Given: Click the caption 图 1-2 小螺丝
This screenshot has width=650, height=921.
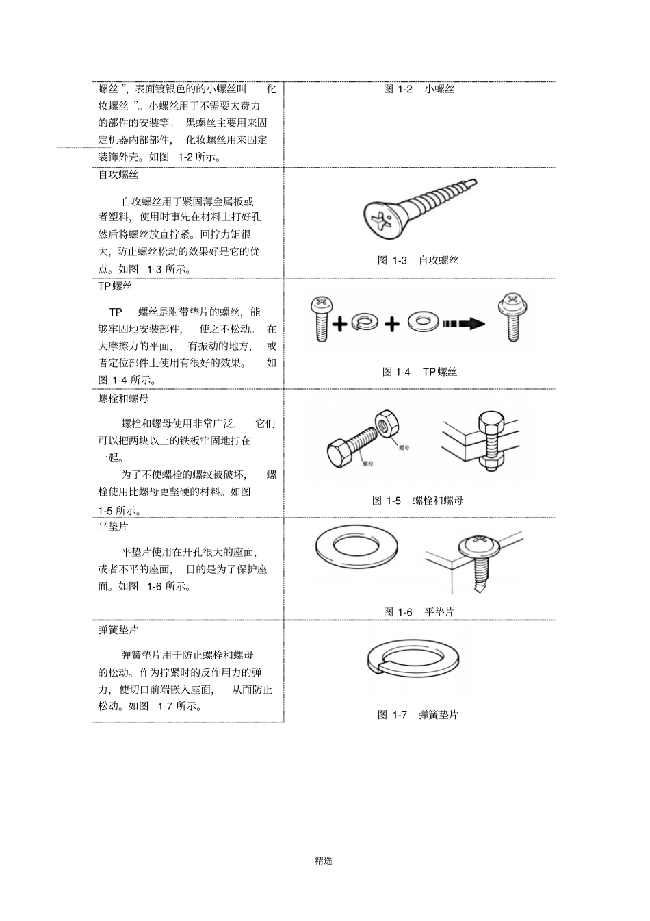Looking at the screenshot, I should [419, 89].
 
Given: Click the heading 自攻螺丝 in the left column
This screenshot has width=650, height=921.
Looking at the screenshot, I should [118, 175].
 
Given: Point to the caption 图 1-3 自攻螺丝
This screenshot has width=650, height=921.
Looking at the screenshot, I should [417, 260].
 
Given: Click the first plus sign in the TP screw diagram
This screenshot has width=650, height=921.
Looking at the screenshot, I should [339, 323].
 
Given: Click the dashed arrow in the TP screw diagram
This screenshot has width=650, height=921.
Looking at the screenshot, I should [463, 323].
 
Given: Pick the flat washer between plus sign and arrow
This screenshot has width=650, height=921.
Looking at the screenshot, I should [424, 322].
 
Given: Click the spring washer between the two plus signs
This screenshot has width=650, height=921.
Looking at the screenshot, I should [365, 322].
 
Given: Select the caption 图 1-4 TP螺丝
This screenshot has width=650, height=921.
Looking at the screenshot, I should [419, 372].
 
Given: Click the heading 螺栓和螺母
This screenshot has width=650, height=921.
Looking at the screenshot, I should [123, 398].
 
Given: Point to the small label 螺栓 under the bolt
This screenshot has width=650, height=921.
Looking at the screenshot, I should [367, 464].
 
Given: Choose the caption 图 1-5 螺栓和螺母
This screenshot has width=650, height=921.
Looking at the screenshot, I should [417, 501].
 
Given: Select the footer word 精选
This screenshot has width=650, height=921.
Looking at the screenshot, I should [324, 861].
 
